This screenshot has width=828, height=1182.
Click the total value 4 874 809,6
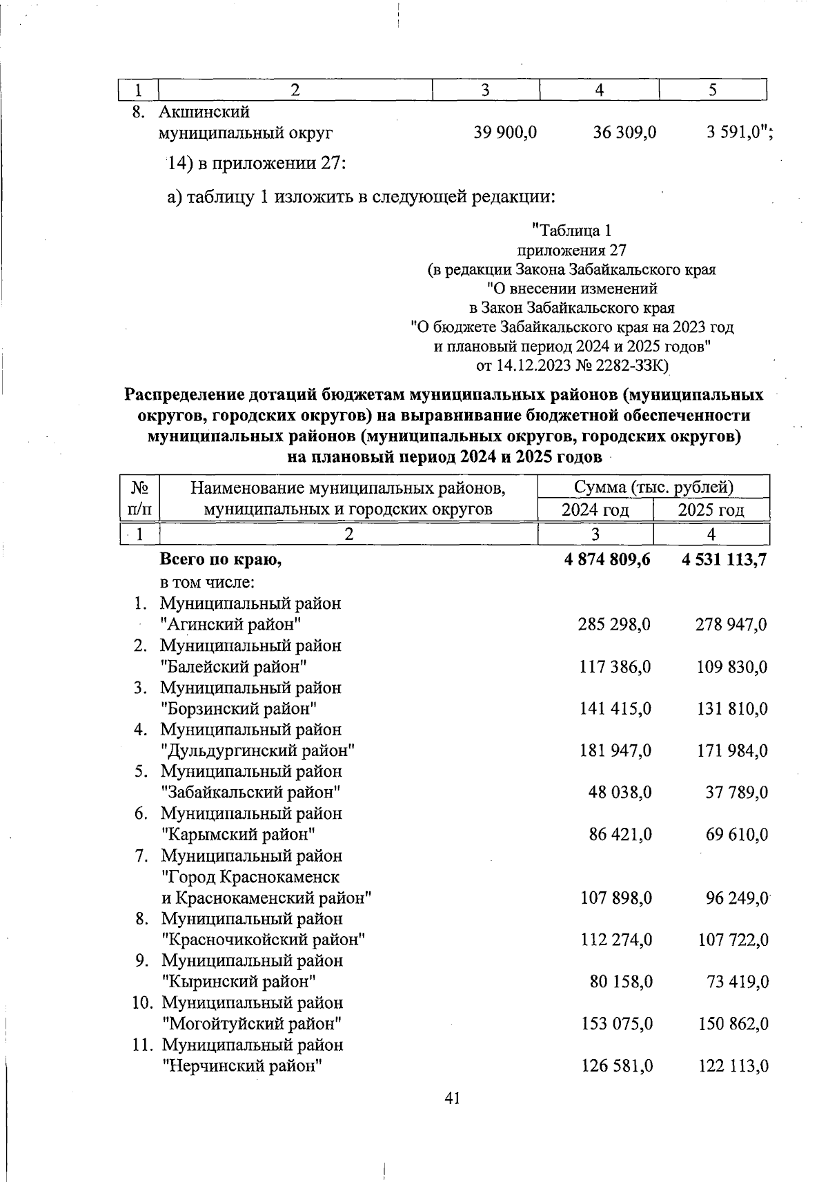pos(607,560)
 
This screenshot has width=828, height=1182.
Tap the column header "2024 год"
pos(595,510)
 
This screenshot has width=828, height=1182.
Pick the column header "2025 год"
pos(711,510)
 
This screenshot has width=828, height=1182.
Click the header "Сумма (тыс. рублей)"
pos(653,487)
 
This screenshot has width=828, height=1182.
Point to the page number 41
pos(453,1098)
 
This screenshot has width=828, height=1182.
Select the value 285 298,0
pos(614,625)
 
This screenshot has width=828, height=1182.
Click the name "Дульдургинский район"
pos(258,750)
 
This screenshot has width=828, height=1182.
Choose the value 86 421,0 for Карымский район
pos(620,835)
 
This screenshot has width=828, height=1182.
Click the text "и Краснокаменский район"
pos(266,898)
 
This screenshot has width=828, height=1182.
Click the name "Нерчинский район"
pos(242,1066)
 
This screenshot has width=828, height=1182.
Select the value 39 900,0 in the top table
pos(505,132)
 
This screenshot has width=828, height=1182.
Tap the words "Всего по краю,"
pos(221,560)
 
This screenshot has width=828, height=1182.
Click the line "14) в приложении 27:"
pos(256,164)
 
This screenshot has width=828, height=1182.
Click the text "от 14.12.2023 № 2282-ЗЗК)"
pos(573,365)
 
